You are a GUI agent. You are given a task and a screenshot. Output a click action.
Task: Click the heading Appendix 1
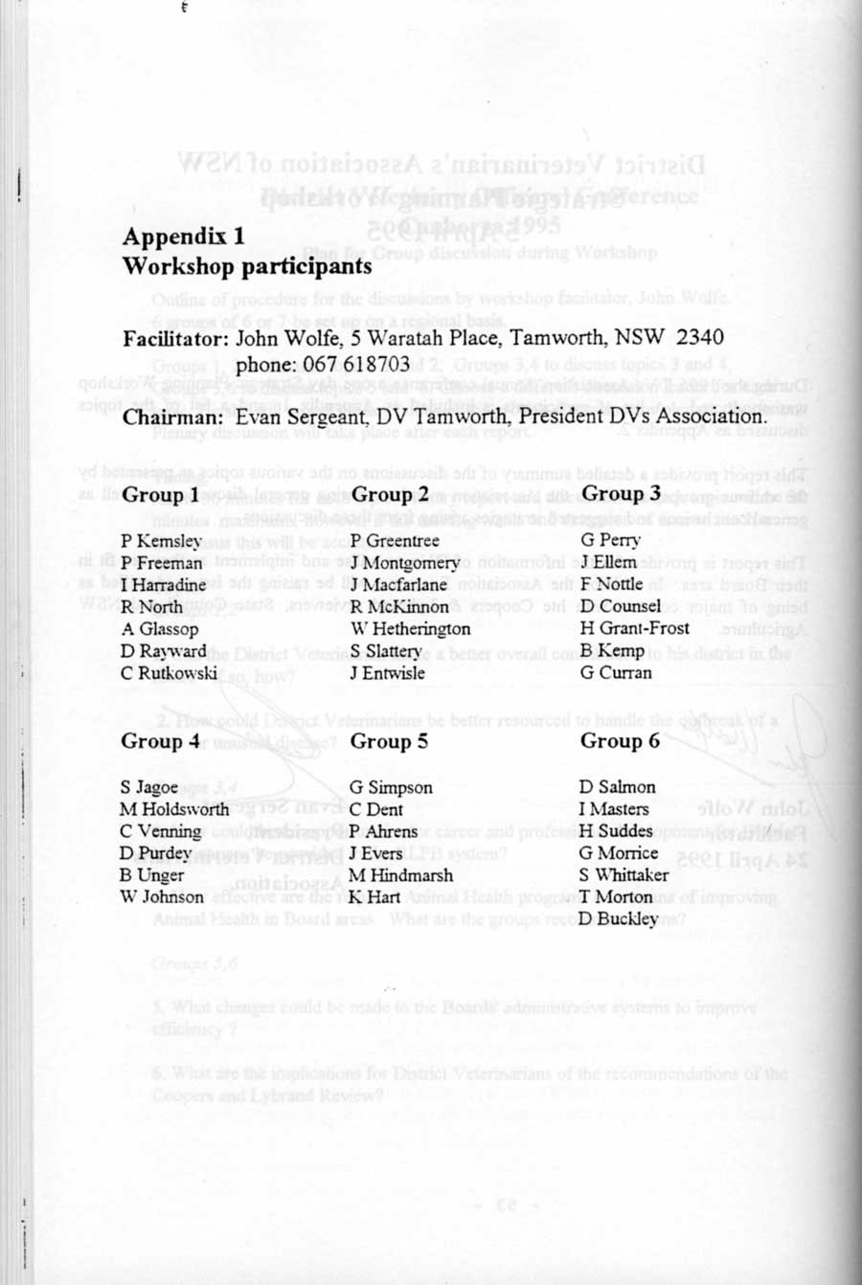coord(184,237)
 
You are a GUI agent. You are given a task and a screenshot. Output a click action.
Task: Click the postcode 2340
coord(699,338)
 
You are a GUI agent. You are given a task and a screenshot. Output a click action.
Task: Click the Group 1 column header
coord(161,495)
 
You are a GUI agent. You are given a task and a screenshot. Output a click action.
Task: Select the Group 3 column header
coord(622,493)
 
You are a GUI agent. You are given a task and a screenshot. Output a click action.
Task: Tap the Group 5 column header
coord(389,741)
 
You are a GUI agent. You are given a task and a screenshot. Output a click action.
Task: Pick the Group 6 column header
coord(620,741)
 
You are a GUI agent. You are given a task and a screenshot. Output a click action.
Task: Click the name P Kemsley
coord(161,541)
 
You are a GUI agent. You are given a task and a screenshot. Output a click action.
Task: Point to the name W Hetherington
coord(411,629)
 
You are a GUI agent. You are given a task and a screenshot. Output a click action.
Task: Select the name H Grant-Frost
coord(635,629)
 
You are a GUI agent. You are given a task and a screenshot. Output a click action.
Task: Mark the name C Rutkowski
coord(170,673)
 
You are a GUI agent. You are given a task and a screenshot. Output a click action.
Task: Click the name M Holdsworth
coord(175,809)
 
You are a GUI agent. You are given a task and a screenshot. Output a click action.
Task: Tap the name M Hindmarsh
coord(401,875)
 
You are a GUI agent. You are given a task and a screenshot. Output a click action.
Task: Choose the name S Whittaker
coord(624,875)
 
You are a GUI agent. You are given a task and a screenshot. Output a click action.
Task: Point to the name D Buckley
coord(619,919)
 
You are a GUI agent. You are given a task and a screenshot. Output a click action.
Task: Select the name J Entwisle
coord(388,673)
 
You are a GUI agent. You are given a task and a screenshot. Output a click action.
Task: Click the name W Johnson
coord(162,897)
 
